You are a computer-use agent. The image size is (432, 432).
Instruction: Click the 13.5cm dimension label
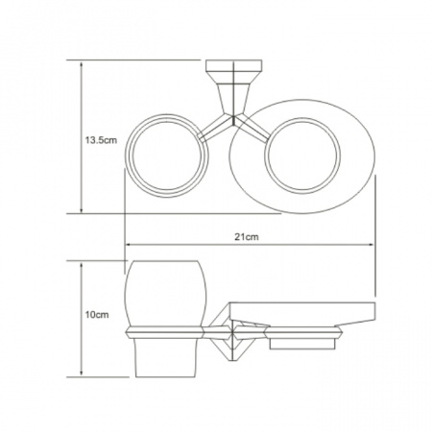click(x=101, y=140)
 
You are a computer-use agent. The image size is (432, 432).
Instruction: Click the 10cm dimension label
click(x=97, y=315)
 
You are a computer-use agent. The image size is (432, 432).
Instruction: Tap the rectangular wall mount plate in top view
click(x=233, y=65)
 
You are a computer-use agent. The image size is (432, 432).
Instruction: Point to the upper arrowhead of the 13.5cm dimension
click(x=82, y=64)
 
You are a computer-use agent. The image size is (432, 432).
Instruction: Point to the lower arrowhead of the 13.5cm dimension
click(x=82, y=209)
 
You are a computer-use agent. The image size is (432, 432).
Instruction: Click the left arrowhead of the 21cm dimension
click(x=129, y=245)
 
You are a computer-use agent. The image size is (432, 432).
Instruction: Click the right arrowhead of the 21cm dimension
click(x=371, y=245)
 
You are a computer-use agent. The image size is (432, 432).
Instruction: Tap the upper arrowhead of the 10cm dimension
click(x=82, y=266)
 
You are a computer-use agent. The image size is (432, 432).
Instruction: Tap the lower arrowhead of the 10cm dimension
click(x=82, y=372)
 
